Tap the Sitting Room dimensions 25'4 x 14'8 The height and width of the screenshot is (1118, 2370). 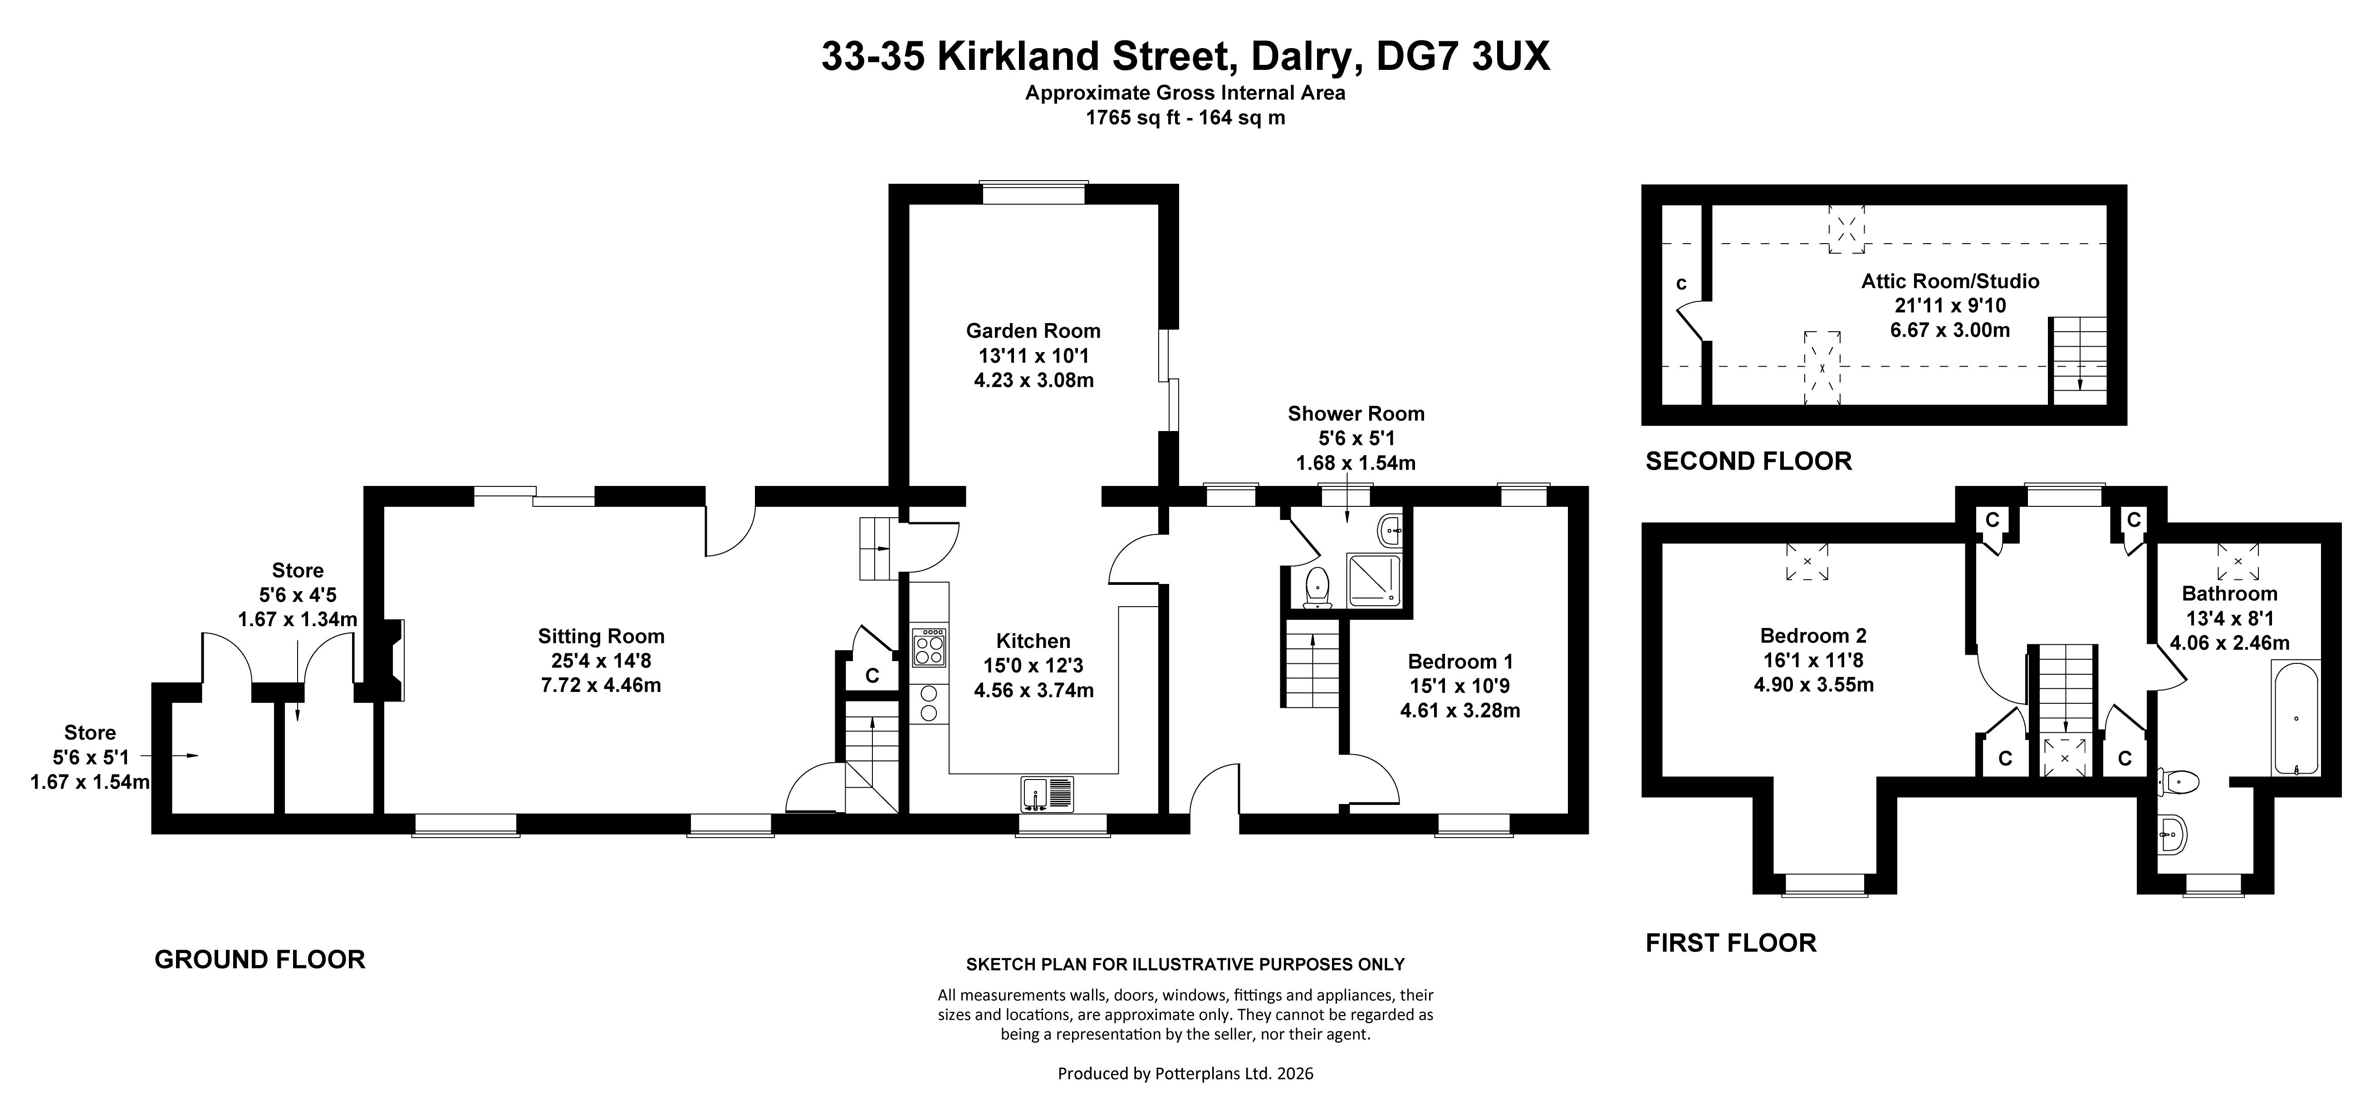coord(601,661)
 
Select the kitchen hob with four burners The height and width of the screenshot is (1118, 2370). coord(928,647)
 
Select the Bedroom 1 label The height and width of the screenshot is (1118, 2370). coord(1460,662)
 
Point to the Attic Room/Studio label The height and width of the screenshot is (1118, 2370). coord(1950,282)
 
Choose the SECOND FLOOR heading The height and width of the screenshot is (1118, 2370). coord(1748,461)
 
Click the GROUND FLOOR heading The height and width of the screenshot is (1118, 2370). coord(260,960)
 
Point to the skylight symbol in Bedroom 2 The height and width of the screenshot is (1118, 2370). coord(1807,561)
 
